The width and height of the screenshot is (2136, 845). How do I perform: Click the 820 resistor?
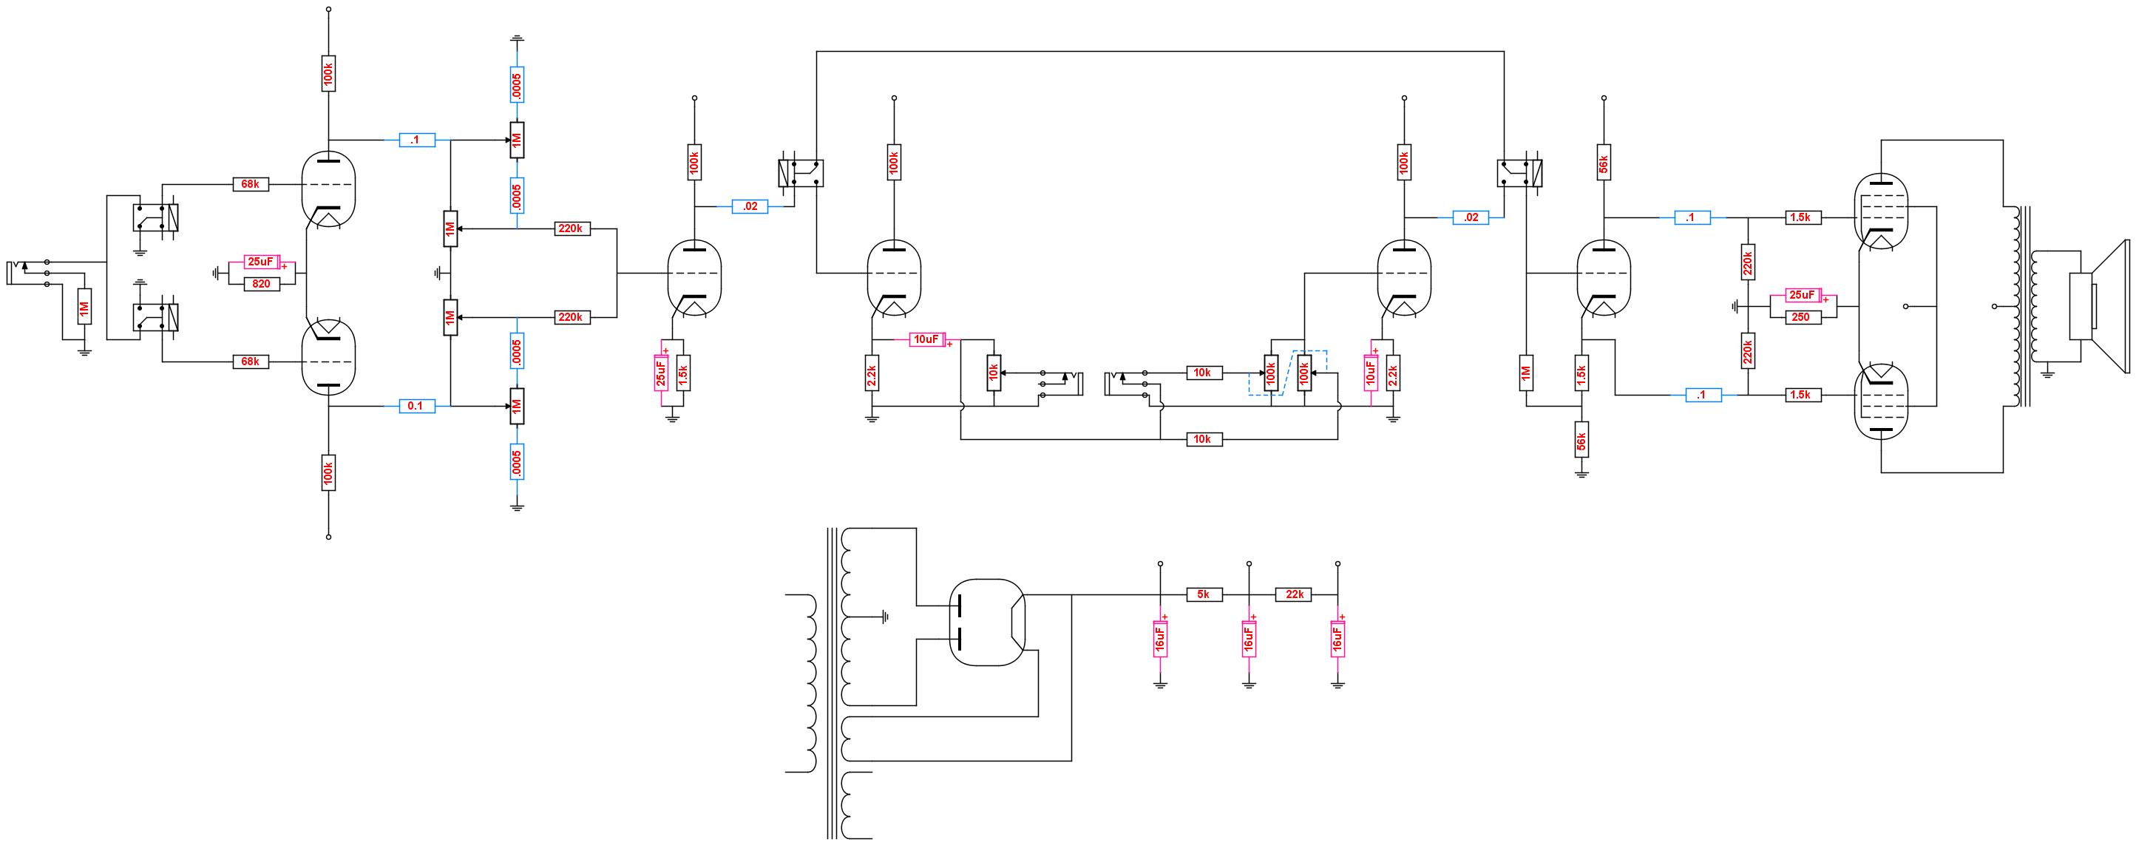tap(261, 284)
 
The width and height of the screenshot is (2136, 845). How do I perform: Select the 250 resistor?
tap(1800, 316)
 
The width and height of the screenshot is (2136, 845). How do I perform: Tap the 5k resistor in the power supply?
tap(1204, 594)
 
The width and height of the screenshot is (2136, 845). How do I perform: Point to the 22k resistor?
tap(1294, 594)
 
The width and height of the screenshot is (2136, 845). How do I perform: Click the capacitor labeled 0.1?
tap(416, 406)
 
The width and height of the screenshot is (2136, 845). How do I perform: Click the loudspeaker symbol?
tap(2098, 307)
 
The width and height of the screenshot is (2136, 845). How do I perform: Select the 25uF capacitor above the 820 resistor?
tap(262, 262)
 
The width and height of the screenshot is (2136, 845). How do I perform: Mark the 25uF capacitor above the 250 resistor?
tap(1801, 295)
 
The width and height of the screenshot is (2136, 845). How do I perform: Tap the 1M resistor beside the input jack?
tap(84, 307)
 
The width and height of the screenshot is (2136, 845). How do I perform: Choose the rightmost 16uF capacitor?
tap(1337, 639)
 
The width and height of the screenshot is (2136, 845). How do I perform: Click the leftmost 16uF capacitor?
tap(1160, 639)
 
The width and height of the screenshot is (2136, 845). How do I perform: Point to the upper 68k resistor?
tap(250, 184)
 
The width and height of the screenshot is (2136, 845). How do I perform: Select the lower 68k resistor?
tap(250, 362)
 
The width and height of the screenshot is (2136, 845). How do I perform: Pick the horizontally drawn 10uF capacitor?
tap(926, 339)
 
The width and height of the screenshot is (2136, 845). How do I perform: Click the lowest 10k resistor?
tap(1202, 438)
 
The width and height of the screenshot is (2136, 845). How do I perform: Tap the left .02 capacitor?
tap(750, 206)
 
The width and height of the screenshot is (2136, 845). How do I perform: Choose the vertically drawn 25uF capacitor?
tap(661, 373)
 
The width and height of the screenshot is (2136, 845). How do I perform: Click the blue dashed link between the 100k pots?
tap(1288, 373)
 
